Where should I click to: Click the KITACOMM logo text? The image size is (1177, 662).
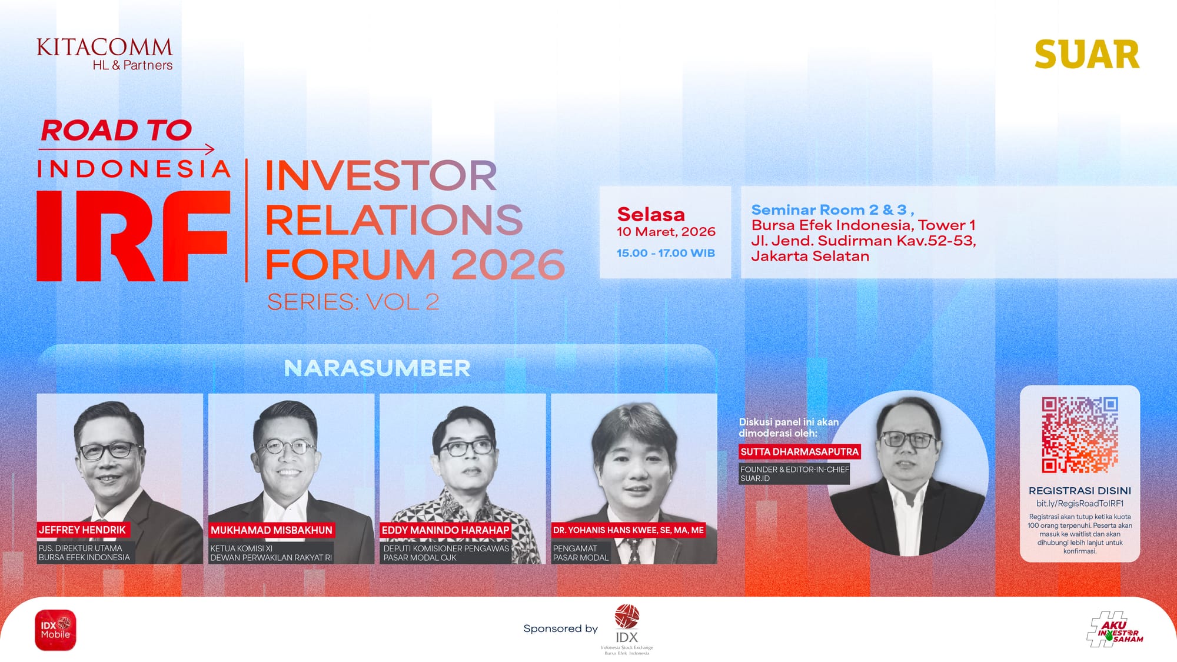[x=105, y=47]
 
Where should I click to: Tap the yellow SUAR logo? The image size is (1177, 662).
[x=1087, y=55]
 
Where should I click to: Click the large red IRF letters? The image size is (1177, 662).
[x=133, y=235]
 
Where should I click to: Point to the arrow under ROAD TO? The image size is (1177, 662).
[x=127, y=149]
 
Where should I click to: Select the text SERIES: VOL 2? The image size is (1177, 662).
[x=353, y=302]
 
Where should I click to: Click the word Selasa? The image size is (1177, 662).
[x=651, y=214]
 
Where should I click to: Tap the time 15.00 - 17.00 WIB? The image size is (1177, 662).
[x=666, y=253]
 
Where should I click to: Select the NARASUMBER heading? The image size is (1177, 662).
[x=377, y=368]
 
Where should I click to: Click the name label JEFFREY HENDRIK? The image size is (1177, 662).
[x=82, y=530]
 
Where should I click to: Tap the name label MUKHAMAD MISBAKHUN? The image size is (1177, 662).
[x=271, y=530]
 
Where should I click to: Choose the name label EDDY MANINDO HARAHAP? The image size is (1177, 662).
[x=445, y=530]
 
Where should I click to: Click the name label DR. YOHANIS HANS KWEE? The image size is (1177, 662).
[x=629, y=530]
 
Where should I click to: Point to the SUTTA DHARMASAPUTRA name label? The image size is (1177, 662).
[x=800, y=451]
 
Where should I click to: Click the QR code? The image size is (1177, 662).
[x=1080, y=435]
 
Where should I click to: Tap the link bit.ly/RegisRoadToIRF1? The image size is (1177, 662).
[x=1080, y=504]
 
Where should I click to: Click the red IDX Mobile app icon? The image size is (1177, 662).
[x=55, y=630]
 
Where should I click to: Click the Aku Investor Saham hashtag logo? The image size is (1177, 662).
[x=1115, y=630]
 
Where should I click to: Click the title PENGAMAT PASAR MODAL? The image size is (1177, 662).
[x=581, y=553]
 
